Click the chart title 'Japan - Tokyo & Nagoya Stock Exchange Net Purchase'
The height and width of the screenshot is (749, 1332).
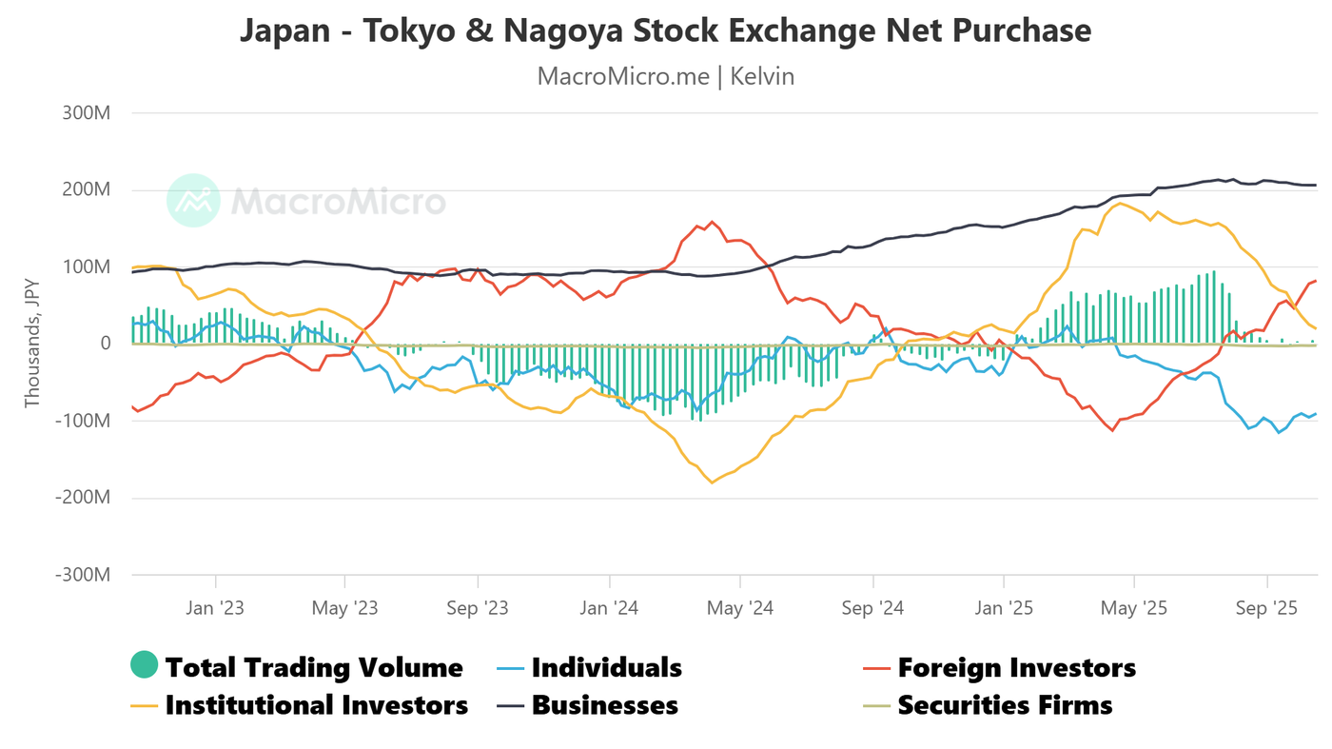[x=665, y=30]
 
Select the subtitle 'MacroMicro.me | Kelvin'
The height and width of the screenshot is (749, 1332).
[x=665, y=76]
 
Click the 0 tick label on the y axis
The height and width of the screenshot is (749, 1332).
[x=106, y=344]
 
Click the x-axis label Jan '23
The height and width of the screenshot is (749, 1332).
[x=215, y=608]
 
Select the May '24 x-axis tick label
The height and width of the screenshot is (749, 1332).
[x=739, y=608]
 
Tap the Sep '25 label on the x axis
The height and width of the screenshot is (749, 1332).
[x=1265, y=608]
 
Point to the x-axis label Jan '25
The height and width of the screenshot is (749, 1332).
[x=1003, y=608]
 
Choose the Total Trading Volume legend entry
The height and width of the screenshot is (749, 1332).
[x=314, y=667]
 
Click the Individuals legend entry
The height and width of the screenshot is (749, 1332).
[x=606, y=667]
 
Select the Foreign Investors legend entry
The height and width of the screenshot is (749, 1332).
[x=1016, y=667]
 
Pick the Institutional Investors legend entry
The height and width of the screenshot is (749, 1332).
[x=316, y=705]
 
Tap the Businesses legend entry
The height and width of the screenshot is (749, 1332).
[x=604, y=705]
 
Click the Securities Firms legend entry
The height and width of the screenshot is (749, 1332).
[x=1005, y=705]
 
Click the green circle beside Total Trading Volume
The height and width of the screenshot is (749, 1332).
[x=144, y=666]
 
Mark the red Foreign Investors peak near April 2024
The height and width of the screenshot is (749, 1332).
[x=712, y=222]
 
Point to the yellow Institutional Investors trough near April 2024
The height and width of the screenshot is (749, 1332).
[x=711, y=483]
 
